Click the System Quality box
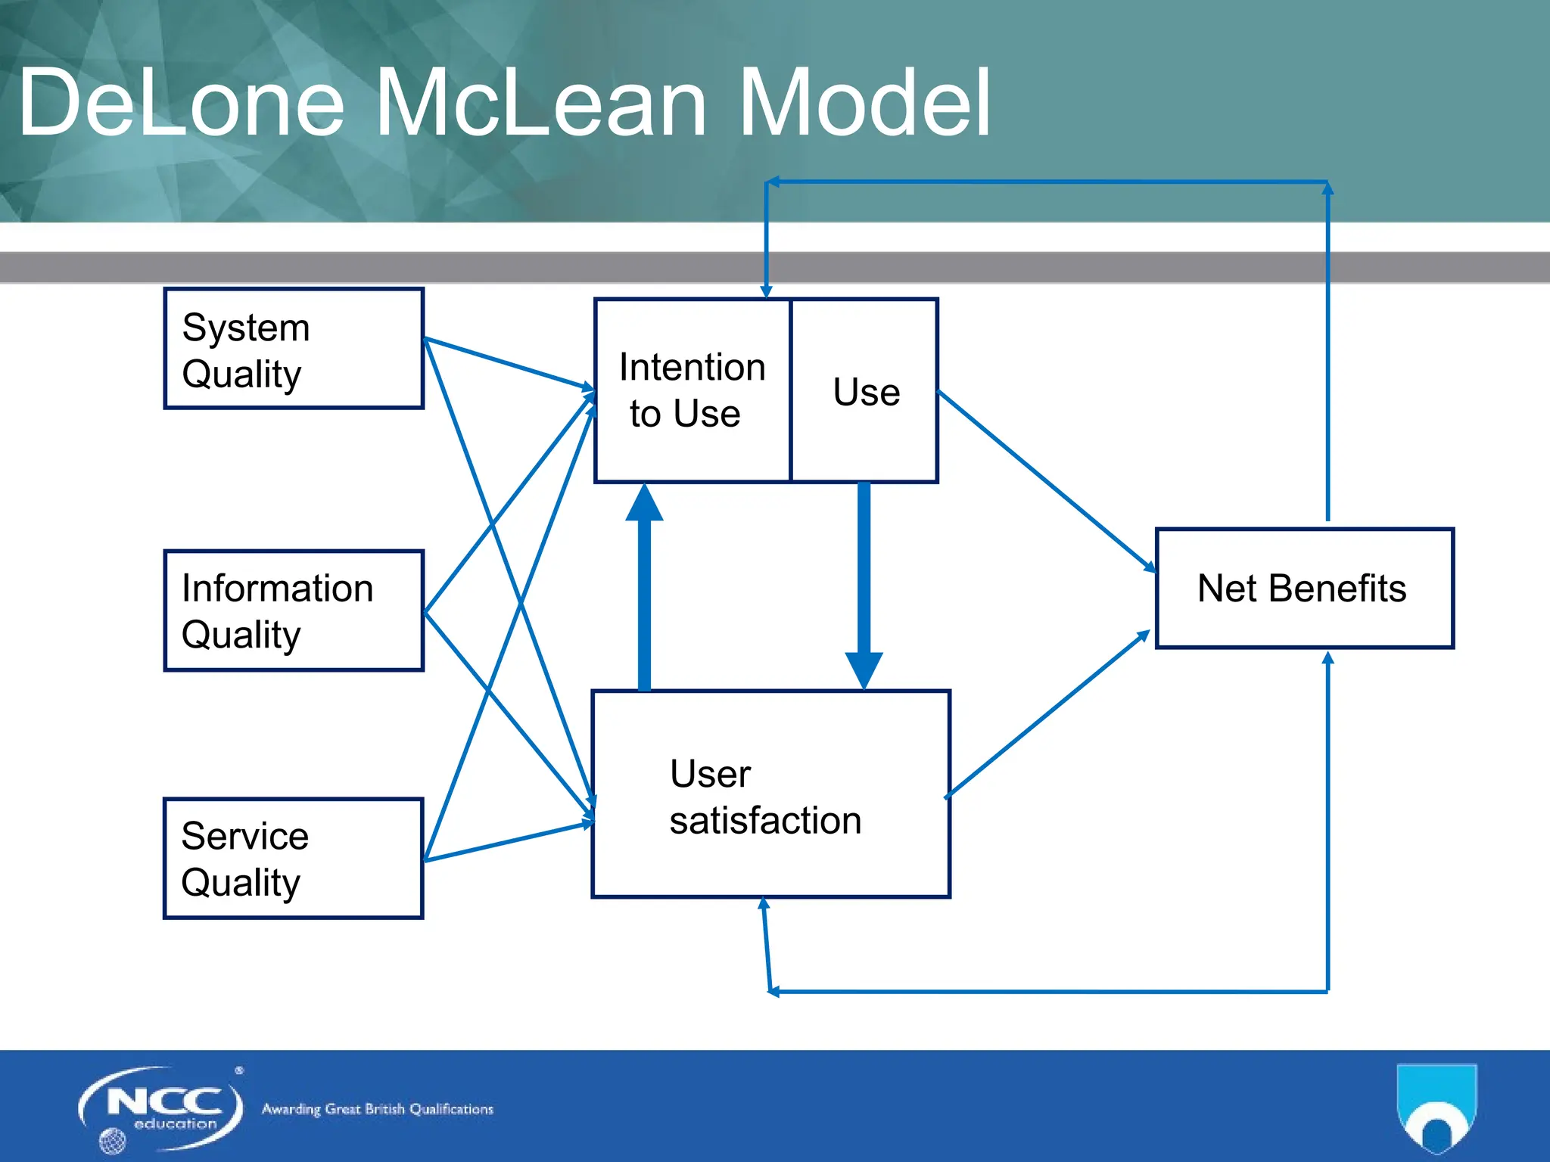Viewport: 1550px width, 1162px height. pos(294,349)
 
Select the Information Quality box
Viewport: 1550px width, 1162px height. pos(294,611)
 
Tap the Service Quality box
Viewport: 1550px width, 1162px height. pos(294,859)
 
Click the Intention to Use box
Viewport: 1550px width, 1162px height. pos(692,390)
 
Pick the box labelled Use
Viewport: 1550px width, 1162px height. pos(865,390)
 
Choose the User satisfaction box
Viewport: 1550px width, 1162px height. pos(770,794)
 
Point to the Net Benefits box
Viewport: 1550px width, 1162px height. pos(1304,589)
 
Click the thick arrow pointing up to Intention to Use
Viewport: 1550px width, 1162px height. pos(644,590)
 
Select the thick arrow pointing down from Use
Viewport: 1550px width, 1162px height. pos(864,583)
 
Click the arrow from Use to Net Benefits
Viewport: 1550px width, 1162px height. pos(1044,480)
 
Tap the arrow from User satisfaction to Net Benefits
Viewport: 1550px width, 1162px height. pos(1048,715)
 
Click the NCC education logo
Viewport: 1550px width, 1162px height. pos(161,1108)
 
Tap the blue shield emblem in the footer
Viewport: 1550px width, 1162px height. pos(1436,1108)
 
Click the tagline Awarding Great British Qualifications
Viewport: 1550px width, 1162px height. pos(377,1109)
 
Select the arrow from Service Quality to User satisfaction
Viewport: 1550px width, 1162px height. pos(507,842)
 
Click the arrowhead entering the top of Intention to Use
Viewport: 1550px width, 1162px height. pos(766,292)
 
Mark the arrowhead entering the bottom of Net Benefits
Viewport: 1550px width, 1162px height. pos(1327,659)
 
